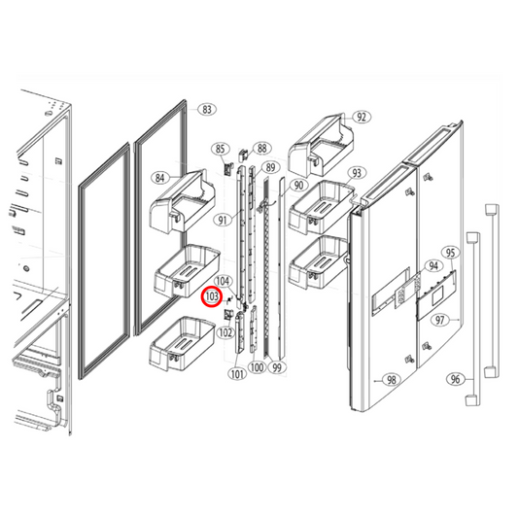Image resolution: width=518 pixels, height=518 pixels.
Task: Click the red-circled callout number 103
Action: pos(212,299)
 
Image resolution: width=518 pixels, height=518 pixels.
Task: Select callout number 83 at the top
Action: pos(206,110)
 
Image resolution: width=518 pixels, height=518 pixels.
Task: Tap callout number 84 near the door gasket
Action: pos(160,178)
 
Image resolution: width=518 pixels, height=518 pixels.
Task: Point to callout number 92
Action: pos(363,117)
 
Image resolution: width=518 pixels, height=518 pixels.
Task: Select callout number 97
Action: pos(440,320)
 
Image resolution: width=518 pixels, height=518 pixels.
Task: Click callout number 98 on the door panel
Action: pos(393,380)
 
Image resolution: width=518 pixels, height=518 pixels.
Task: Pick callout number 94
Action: pos(433,265)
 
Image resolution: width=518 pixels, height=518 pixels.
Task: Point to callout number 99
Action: pos(277,368)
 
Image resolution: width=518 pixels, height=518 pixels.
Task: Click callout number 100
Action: pos(257,368)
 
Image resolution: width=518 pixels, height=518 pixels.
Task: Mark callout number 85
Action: pos(221,149)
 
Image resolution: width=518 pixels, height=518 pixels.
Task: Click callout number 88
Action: pos(261,149)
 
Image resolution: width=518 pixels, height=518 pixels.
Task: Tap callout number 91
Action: pos(223,221)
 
